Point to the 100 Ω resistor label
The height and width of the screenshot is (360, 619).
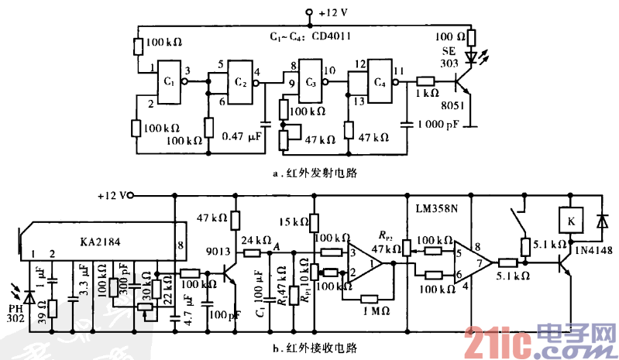click(449, 36)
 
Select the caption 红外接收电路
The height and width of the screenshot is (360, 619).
click(313, 347)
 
